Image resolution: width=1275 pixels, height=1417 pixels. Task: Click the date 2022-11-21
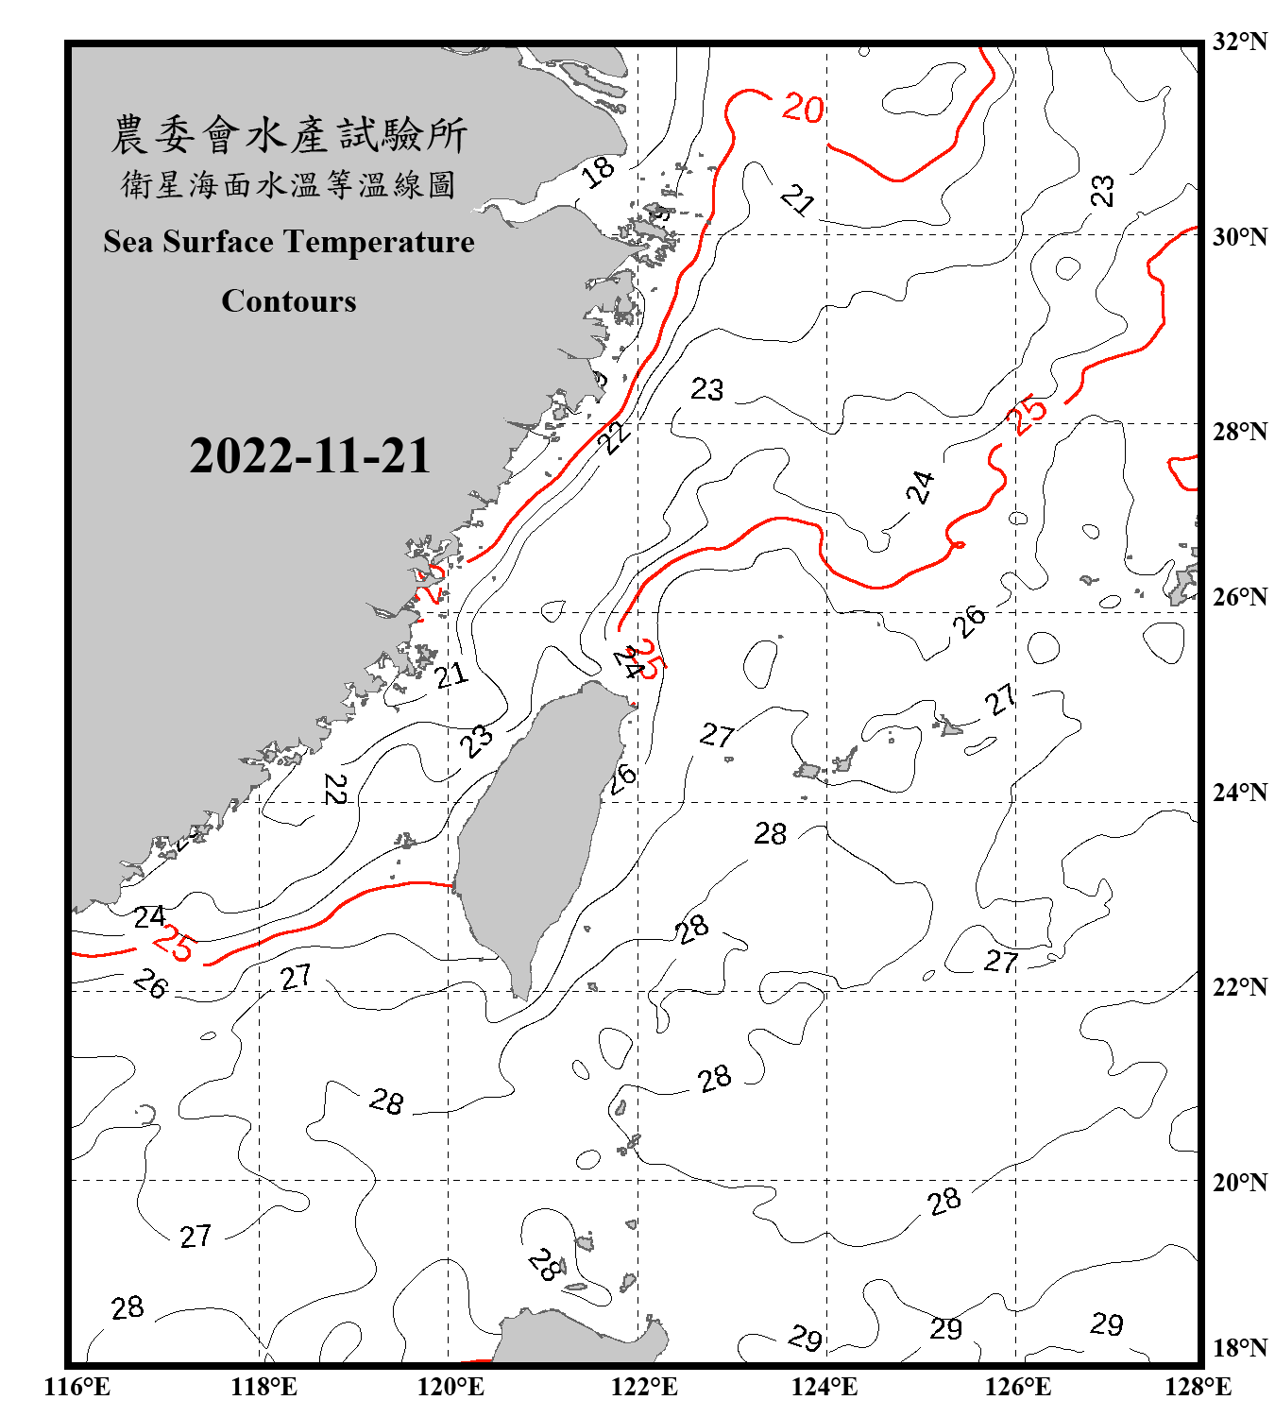pos(310,456)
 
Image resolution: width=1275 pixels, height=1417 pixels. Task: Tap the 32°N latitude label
pos(1239,42)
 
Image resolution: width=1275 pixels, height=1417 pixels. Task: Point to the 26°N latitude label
pos(1239,597)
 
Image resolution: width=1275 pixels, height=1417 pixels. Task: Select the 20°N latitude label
pos(1239,1182)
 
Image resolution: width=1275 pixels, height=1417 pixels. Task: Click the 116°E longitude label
pos(77,1387)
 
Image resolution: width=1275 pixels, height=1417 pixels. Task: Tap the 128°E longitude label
pos(1198,1387)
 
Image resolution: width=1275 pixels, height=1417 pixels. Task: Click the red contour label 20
pos(803,109)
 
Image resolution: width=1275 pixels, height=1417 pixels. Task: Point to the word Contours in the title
pos(289,301)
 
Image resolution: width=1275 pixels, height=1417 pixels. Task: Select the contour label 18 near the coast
pos(598,172)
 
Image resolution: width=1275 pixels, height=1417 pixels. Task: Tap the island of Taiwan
pos(534,831)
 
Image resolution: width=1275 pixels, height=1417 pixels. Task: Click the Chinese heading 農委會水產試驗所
pos(289,135)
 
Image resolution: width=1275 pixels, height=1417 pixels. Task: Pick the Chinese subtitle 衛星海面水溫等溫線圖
pos(289,184)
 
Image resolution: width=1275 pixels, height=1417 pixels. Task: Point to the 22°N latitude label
pos(1239,987)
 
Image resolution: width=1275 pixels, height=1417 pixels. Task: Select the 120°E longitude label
pos(451,1387)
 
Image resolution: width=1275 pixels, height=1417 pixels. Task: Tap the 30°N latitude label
pos(1239,236)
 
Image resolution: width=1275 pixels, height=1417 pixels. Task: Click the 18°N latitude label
pos(1239,1348)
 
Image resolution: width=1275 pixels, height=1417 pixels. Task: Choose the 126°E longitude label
pos(1017,1387)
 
